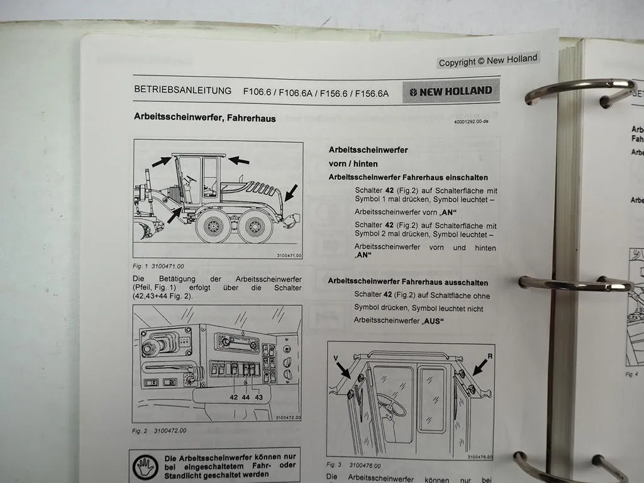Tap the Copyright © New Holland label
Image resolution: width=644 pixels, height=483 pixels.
coord(488,60)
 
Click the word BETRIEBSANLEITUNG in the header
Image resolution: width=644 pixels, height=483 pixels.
coord(183,90)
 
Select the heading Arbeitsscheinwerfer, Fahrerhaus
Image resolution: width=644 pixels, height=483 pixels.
coord(204,118)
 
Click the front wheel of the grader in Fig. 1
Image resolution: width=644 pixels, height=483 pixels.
coord(212,226)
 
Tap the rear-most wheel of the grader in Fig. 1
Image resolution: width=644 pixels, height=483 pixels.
coord(255,226)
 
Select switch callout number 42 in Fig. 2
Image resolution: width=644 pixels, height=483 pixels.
coord(234,397)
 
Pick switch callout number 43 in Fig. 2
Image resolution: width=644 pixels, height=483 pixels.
coord(259,397)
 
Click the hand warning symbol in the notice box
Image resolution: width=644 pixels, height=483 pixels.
coord(145,466)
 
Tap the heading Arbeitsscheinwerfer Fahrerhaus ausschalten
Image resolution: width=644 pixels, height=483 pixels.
coord(408,282)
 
